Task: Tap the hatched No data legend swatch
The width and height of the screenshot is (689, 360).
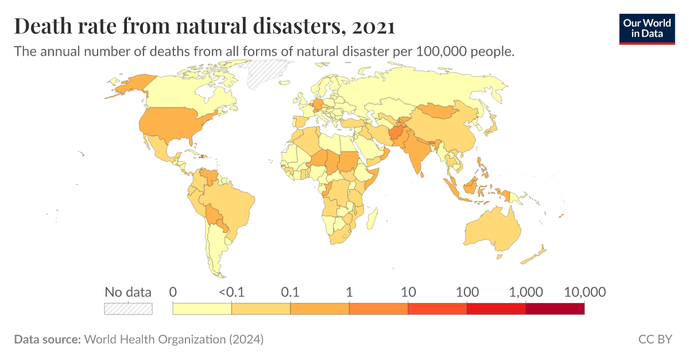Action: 128,309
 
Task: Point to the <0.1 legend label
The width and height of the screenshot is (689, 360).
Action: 231,292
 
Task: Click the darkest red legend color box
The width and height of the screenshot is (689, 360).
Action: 555,309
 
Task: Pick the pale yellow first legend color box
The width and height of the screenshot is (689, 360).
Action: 202,309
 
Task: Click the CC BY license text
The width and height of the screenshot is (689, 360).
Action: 655,339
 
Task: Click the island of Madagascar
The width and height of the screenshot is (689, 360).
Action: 372,219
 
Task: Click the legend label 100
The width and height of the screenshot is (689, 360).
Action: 466,292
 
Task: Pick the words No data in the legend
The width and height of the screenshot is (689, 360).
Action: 128,292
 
